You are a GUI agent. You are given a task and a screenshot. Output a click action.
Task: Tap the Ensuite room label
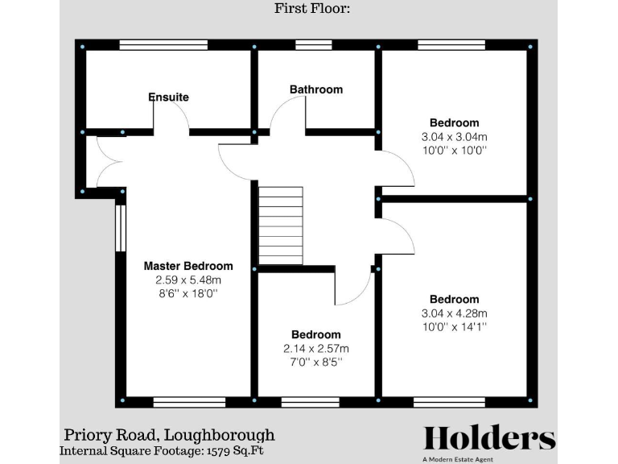click(x=169, y=97)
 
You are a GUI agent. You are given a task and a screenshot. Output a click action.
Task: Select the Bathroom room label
click(x=316, y=89)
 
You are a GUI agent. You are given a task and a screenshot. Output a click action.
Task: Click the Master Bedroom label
click(x=188, y=266)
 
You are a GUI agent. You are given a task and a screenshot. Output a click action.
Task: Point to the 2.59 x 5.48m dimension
click(x=188, y=280)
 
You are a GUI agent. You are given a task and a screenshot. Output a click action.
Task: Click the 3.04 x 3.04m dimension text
click(x=454, y=137)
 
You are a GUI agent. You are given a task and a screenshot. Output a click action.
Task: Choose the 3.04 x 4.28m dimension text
click(x=454, y=313)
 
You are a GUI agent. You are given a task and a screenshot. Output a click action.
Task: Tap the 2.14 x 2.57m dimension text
click(x=315, y=349)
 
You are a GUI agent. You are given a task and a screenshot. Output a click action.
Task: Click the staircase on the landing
click(x=281, y=226)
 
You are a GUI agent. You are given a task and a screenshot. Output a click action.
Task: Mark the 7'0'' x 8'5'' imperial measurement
click(x=315, y=362)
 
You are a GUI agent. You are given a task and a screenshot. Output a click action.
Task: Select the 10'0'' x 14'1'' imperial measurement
click(x=454, y=327)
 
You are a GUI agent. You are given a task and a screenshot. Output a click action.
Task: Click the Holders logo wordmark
click(x=489, y=438)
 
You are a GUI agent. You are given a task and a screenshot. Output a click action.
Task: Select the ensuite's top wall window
click(x=153, y=45)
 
